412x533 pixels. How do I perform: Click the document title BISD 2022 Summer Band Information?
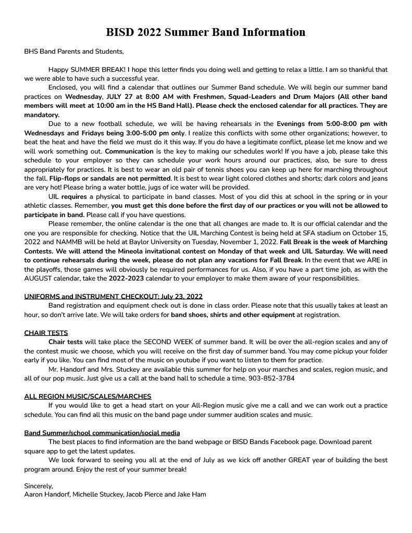tap(206, 32)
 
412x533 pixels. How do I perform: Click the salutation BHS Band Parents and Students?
tap(74, 52)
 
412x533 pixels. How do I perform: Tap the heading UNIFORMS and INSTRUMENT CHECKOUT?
tap(113, 297)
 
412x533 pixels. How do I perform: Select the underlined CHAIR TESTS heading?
tap(46, 333)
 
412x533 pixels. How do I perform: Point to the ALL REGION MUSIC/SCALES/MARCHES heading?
tap(88, 397)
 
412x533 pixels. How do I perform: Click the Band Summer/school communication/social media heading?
tap(102, 433)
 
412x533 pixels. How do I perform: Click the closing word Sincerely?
tap(39, 486)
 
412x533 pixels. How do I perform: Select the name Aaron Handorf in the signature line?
tap(47, 494)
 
